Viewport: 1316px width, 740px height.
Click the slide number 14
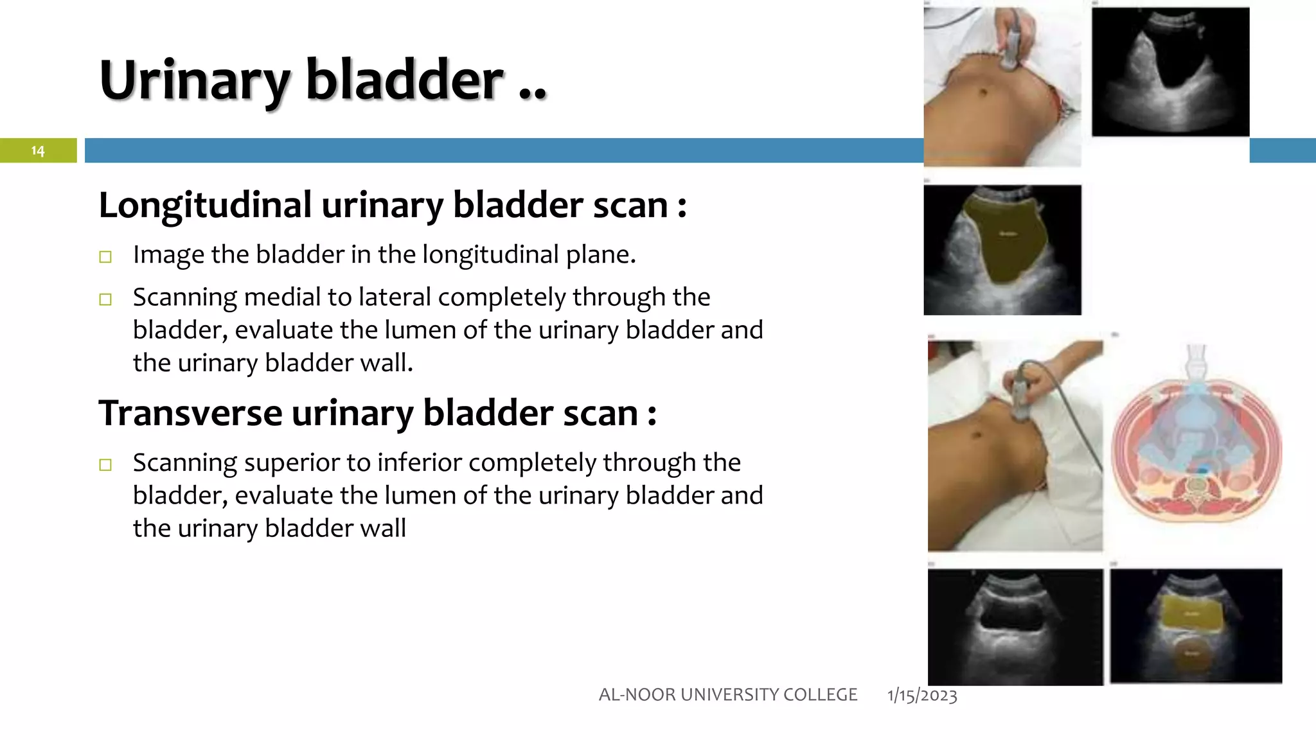tap(38, 150)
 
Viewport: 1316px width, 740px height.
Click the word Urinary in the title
tap(195, 81)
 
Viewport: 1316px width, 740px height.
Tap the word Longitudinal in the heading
tap(205, 206)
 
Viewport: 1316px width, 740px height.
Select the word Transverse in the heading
tap(190, 413)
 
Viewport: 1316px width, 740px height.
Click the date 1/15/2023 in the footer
tap(921, 695)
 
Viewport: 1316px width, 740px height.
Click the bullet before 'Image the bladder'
tap(105, 257)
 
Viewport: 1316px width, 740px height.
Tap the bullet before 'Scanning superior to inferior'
tap(105, 464)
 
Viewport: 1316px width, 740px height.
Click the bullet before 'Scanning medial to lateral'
tap(105, 299)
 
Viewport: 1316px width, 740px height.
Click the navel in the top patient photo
tap(982, 93)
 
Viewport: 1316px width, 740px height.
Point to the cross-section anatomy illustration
tap(1196, 443)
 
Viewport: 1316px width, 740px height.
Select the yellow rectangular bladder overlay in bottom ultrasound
tap(1192, 614)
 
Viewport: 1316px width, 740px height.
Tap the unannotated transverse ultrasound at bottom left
tap(1015, 626)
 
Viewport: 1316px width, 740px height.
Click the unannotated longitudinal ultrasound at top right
tap(1170, 71)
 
